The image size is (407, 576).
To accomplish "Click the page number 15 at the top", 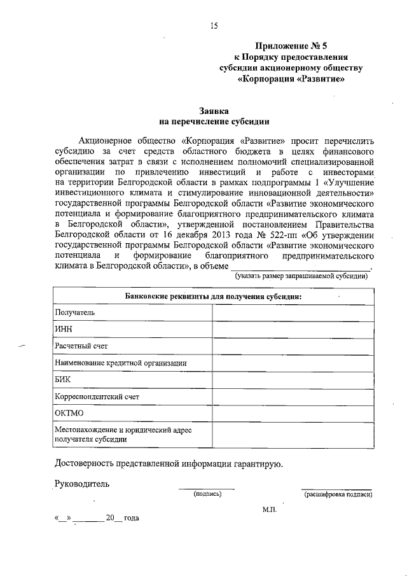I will click(x=214, y=26).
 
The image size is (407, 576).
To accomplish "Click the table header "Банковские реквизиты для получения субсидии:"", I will click(x=213, y=297).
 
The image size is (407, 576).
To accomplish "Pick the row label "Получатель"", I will click(x=75, y=313).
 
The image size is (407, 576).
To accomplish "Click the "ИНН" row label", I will click(x=64, y=330).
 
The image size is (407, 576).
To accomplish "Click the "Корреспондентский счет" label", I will click(x=97, y=397).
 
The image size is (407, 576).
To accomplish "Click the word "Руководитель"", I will click(x=82, y=483).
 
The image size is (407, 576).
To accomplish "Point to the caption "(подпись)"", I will click(x=207, y=494).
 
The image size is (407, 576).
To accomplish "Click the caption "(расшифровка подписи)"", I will click(x=338, y=494).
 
